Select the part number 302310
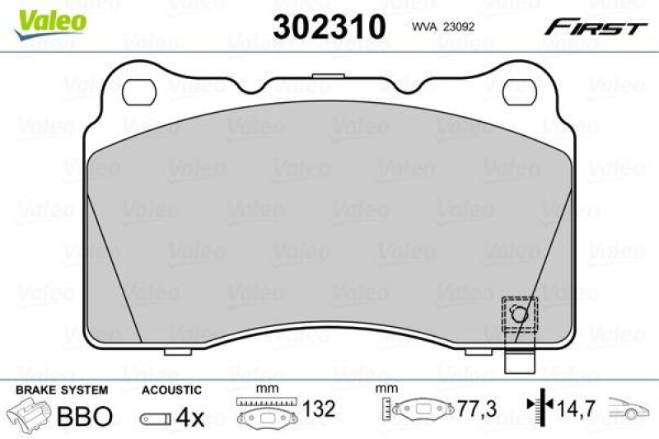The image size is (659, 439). (x=329, y=27)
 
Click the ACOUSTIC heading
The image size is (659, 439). (x=171, y=390)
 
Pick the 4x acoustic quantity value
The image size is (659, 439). (x=190, y=418)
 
